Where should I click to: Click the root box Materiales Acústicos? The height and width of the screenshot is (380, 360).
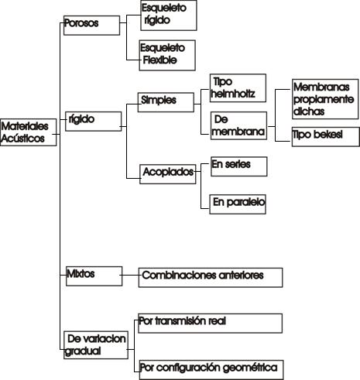click(29, 132)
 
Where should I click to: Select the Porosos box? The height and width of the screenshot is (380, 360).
click(91, 26)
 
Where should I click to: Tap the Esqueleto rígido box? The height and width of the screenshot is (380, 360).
click(169, 15)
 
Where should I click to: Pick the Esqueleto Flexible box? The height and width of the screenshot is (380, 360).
click(167, 55)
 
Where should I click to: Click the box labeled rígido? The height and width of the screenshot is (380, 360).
click(94, 122)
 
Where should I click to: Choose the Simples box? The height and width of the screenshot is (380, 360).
click(166, 102)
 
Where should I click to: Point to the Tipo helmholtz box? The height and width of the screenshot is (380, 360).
click(238, 88)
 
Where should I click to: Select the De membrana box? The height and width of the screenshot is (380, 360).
click(238, 125)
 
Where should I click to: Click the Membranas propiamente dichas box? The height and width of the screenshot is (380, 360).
click(325, 99)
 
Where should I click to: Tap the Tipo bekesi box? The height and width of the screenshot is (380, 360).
click(326, 137)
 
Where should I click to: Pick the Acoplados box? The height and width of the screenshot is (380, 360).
click(168, 174)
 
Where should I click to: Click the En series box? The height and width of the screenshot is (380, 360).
click(239, 166)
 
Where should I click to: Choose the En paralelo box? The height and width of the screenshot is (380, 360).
click(238, 204)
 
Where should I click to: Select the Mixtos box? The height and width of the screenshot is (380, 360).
click(94, 276)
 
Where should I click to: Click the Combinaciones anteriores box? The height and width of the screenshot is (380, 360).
click(211, 278)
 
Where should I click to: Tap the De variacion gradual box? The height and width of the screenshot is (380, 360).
click(96, 345)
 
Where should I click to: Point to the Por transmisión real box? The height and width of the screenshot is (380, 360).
click(210, 324)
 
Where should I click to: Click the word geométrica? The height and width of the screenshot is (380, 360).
click(250, 368)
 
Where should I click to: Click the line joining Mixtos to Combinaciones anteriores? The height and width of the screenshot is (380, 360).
click(129, 275)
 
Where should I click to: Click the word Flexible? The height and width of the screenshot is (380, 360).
click(160, 60)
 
